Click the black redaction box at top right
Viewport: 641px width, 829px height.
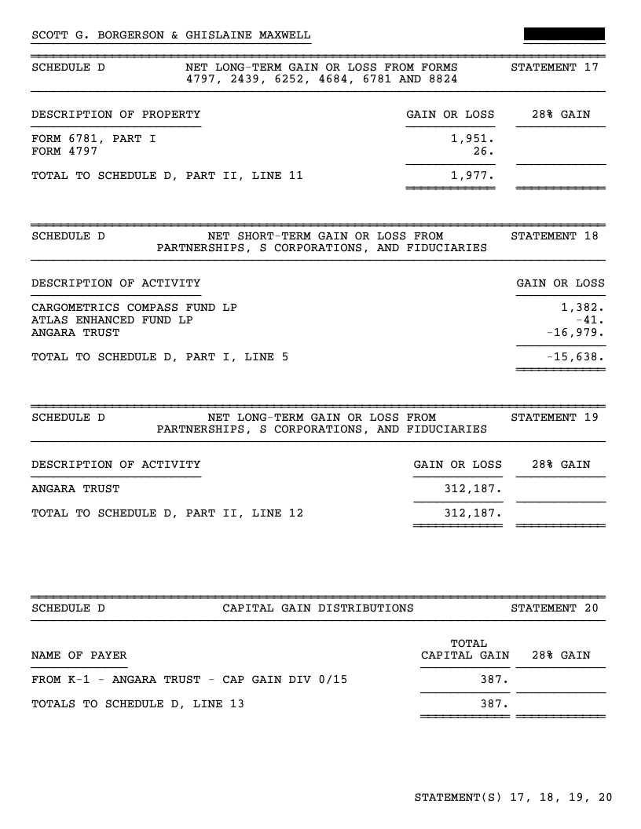(x=564, y=34)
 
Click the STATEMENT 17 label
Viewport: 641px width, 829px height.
(x=554, y=68)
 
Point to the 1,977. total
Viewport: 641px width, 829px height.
(x=472, y=176)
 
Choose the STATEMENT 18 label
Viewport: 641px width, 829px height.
(x=554, y=236)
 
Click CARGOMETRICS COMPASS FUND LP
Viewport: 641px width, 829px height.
(x=134, y=307)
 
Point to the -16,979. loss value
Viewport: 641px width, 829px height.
(x=576, y=333)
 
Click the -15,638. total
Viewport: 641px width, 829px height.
(x=576, y=357)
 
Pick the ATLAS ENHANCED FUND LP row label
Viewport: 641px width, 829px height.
(x=112, y=320)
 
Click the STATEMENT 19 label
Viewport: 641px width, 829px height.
(x=554, y=417)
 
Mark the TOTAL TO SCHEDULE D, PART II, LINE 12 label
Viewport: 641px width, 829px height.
(x=167, y=513)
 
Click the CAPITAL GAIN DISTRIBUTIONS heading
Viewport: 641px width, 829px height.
(x=318, y=608)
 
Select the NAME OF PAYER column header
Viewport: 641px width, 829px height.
(x=79, y=656)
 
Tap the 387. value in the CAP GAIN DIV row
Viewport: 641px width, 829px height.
(x=495, y=680)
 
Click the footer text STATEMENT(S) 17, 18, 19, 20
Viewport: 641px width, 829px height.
(x=513, y=798)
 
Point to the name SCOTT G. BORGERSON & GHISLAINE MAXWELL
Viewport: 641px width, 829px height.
(x=170, y=35)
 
